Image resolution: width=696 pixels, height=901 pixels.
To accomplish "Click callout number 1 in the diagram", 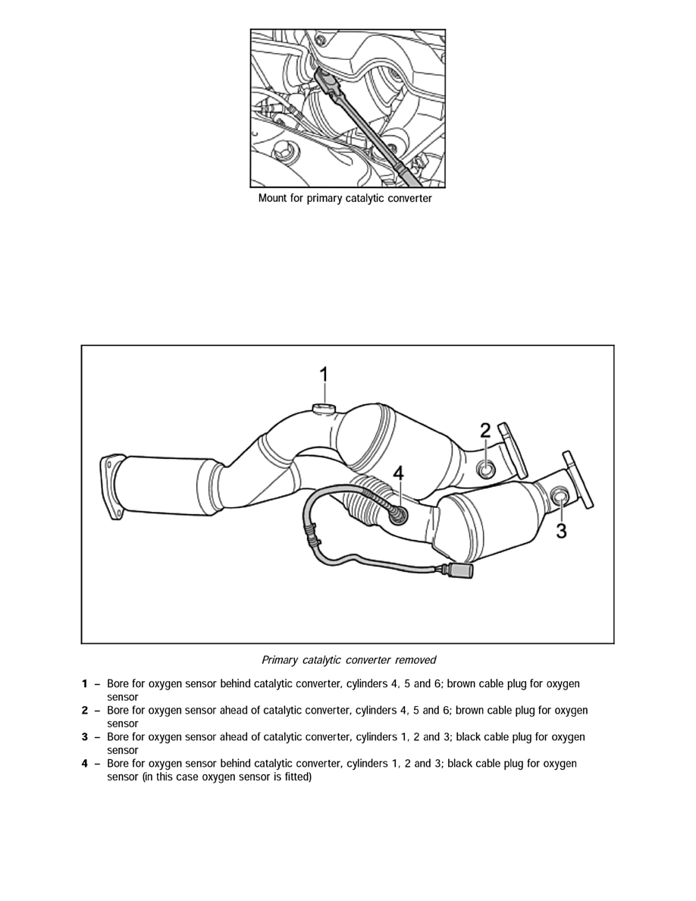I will pyautogui.click(x=324, y=375).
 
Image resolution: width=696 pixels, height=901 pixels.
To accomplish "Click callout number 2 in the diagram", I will pyautogui.click(x=486, y=431).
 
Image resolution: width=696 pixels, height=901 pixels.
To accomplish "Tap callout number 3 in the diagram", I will pyautogui.click(x=561, y=530).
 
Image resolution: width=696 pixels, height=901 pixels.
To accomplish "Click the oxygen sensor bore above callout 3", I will pyautogui.click(x=560, y=497).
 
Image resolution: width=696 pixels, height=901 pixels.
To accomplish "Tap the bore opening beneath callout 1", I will pyautogui.click(x=323, y=410).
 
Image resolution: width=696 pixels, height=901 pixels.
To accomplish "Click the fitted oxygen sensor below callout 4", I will pyautogui.click(x=396, y=514).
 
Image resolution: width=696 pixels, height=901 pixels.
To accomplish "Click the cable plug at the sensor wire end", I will pyautogui.click(x=460, y=573).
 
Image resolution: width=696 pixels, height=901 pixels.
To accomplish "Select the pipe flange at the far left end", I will pyautogui.click(x=111, y=486).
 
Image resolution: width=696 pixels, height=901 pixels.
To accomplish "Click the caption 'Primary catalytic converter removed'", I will pyautogui.click(x=348, y=660).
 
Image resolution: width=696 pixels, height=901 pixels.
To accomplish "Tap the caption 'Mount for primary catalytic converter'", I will pyautogui.click(x=345, y=199).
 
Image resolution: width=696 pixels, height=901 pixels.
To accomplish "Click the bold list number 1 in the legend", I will pyautogui.click(x=85, y=684).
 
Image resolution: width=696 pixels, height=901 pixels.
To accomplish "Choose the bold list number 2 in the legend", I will pyautogui.click(x=85, y=711).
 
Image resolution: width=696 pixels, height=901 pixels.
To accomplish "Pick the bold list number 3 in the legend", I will pyautogui.click(x=85, y=737).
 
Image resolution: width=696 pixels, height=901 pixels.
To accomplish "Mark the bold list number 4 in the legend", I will pyautogui.click(x=85, y=764).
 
